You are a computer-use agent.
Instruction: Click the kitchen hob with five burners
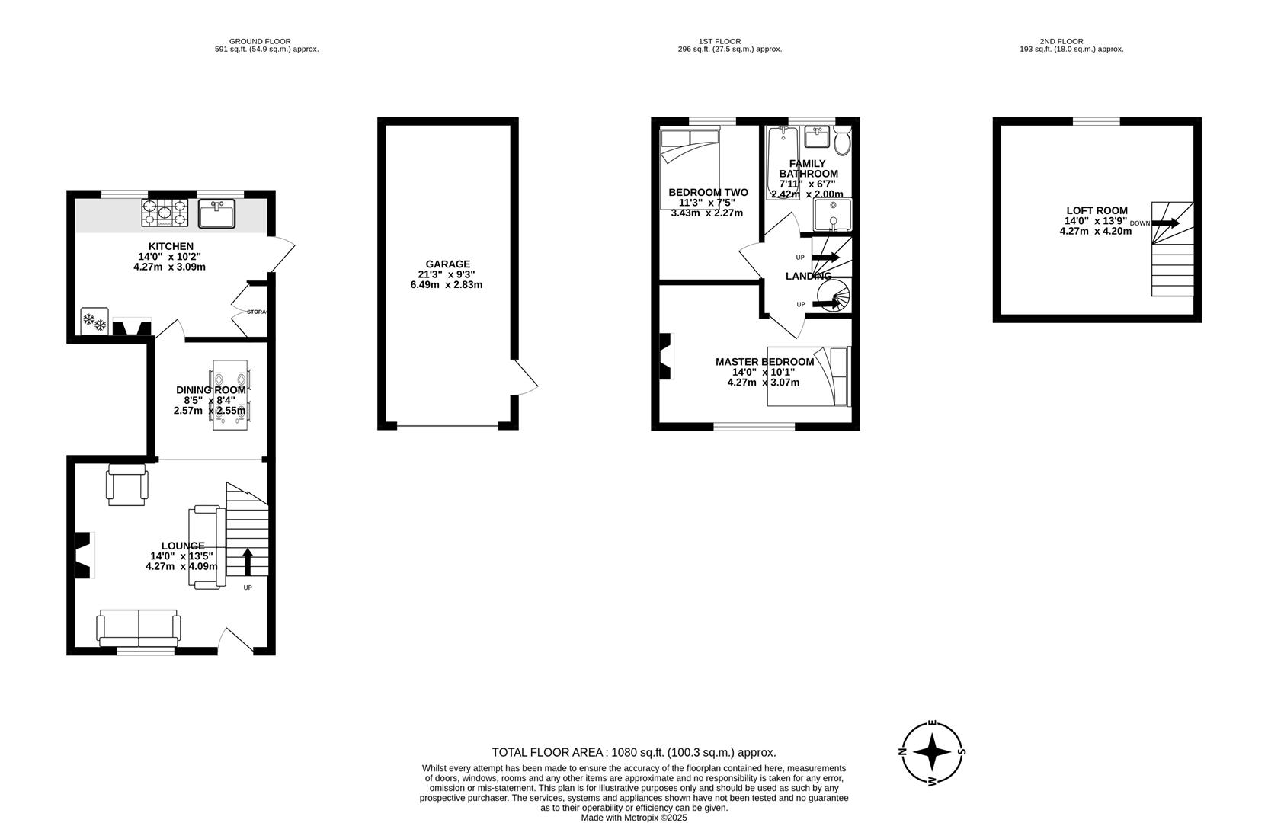(x=165, y=213)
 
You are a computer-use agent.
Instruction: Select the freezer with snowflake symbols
(x=95, y=321)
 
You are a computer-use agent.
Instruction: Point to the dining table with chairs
(x=230, y=395)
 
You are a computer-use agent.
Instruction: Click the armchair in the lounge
(x=126, y=485)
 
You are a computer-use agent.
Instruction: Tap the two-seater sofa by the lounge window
(x=138, y=627)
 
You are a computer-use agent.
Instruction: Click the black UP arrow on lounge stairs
(x=247, y=562)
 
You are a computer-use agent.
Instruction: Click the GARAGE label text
(x=447, y=264)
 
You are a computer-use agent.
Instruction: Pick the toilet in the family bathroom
(x=842, y=141)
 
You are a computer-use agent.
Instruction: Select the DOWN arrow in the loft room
(x=1167, y=223)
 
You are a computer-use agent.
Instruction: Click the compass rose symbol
(x=932, y=753)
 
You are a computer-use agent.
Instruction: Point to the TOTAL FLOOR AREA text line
(x=633, y=752)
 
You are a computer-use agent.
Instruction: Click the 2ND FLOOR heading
(x=1061, y=42)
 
